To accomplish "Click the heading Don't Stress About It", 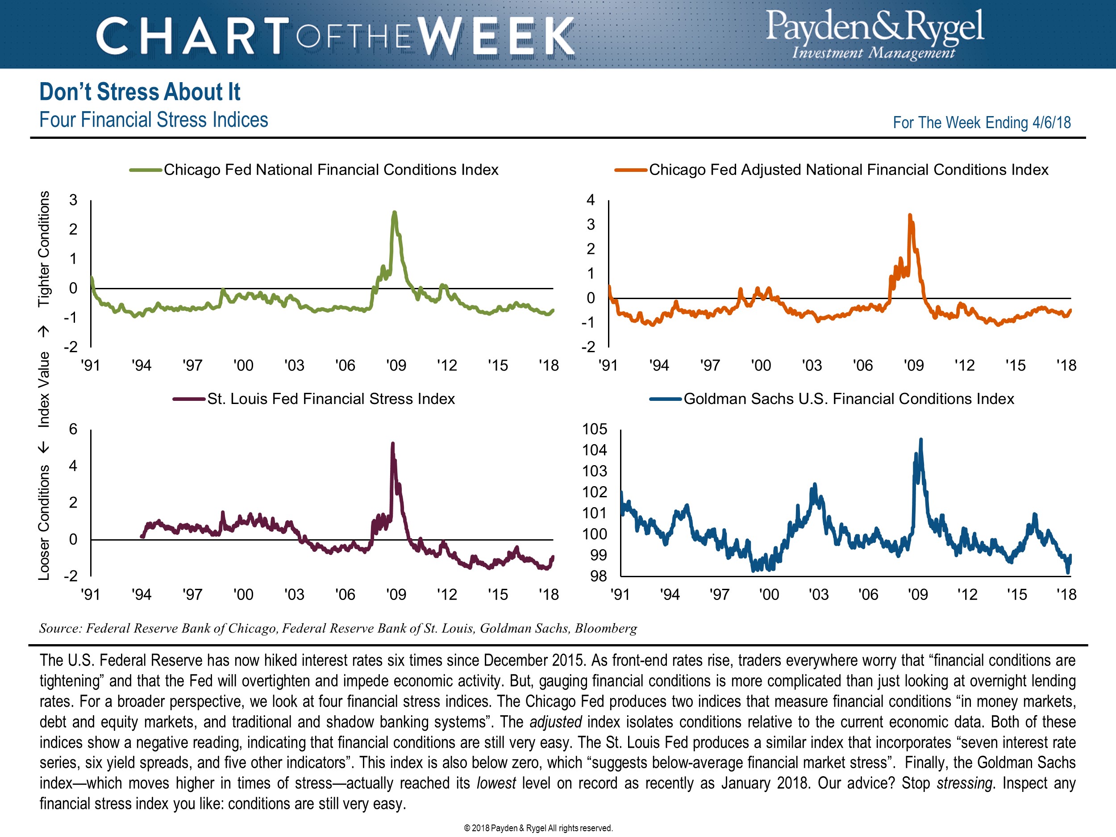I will pyautogui.click(x=140, y=92).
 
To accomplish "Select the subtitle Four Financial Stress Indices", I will pyautogui.click(x=154, y=120).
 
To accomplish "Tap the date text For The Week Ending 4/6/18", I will pyautogui.click(x=981, y=123).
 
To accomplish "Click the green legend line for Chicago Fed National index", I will pyautogui.click(x=145, y=170).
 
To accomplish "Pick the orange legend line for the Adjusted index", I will pyautogui.click(x=631, y=170).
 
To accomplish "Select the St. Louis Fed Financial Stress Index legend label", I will pyautogui.click(x=330, y=399).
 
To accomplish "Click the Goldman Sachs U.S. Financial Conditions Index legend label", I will pyautogui.click(x=849, y=399).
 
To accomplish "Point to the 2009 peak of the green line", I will pyautogui.click(x=395, y=213).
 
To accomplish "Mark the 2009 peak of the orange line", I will pyautogui.click(x=910, y=216).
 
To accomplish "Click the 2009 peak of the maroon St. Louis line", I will pyautogui.click(x=393, y=443).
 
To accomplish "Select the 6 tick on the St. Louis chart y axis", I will pyautogui.click(x=73, y=429).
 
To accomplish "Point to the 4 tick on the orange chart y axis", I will pyautogui.click(x=590, y=200).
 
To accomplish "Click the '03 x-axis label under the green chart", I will pyautogui.click(x=294, y=365).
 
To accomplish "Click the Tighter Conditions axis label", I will pyautogui.click(x=44, y=249).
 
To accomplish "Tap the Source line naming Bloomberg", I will pyautogui.click(x=338, y=628).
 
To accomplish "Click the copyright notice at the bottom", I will pyautogui.click(x=538, y=828).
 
